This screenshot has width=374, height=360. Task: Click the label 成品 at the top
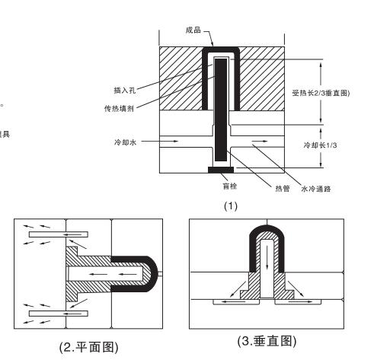[x=193, y=31]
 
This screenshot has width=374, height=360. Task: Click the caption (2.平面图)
[x=88, y=347]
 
